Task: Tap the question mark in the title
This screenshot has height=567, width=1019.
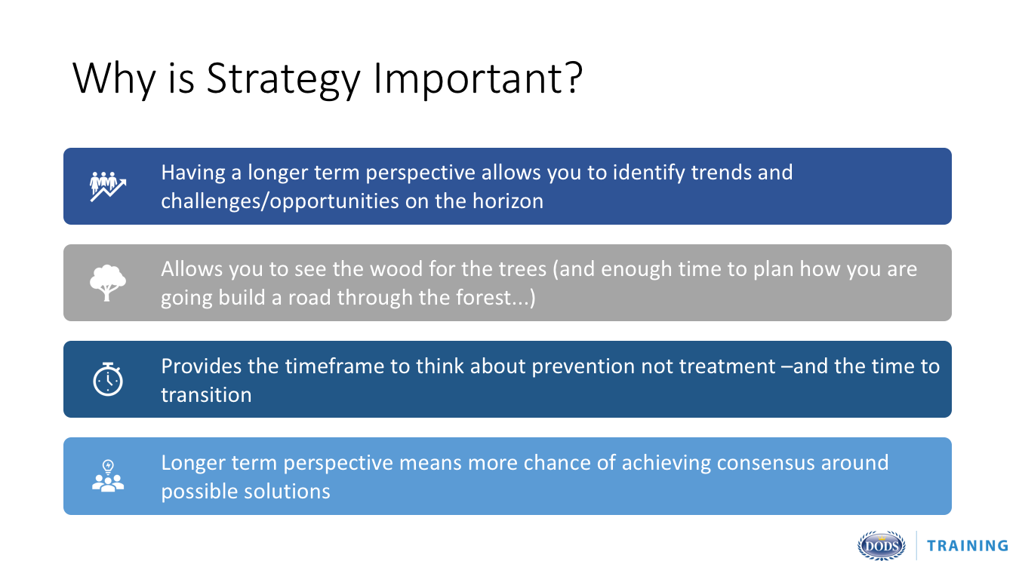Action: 573,76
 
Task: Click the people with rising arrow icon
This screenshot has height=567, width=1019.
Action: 108,186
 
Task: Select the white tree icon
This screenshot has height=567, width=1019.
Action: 108,283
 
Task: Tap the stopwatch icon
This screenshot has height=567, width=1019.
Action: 108,379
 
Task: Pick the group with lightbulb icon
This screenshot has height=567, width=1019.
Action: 108,476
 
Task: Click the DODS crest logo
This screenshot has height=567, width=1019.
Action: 881,545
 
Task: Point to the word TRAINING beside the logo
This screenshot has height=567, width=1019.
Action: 968,546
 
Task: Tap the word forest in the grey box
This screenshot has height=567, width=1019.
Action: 483,298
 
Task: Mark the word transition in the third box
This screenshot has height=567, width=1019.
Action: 206,394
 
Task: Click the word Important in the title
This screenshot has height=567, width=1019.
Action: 467,78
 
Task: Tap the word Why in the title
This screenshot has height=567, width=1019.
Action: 114,78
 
